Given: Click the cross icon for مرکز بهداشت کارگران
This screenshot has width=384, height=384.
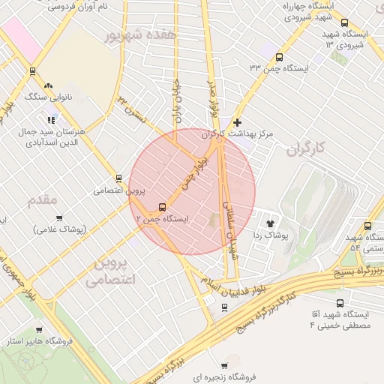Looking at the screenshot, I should [238, 121].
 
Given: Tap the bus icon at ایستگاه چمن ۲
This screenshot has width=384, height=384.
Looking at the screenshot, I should [162, 207].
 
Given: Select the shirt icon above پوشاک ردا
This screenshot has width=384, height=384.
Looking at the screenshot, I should [270, 223].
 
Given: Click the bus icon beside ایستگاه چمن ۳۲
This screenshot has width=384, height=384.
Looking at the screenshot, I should [280, 57].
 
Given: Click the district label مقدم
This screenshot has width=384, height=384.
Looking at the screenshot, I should [42, 200].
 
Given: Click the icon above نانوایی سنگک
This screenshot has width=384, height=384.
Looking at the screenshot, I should [49, 85].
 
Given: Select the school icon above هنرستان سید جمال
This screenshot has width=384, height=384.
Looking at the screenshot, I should [51, 119].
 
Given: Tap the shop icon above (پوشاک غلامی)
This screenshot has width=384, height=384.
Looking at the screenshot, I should [59, 217].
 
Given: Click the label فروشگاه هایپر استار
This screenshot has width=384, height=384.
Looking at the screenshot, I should [37, 342].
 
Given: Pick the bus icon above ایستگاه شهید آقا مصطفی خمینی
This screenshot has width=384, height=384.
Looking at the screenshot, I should [340, 304].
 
